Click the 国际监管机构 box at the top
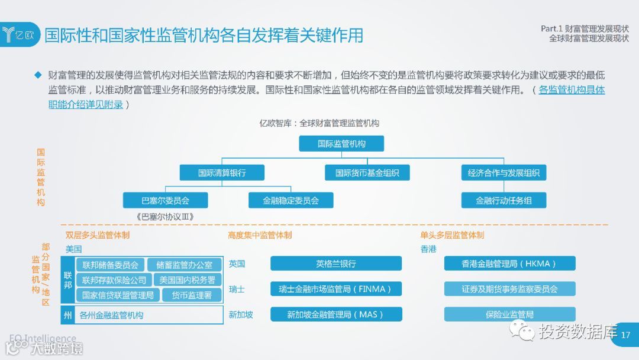point(341,144)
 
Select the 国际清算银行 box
point(222,173)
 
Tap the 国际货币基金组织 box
point(367,173)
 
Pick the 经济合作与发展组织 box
point(504,173)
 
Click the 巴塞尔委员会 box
point(165,200)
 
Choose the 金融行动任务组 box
point(504,200)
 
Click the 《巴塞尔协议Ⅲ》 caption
point(165,217)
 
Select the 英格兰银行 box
point(336,263)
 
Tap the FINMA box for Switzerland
point(336,289)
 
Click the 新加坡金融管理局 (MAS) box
point(336,314)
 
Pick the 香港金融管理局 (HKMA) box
point(509,263)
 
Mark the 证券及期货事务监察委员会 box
point(509,289)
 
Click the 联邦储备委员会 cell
point(111,265)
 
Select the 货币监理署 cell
point(191,295)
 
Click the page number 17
point(626,336)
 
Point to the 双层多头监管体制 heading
point(98,235)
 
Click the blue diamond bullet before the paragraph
point(38,75)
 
